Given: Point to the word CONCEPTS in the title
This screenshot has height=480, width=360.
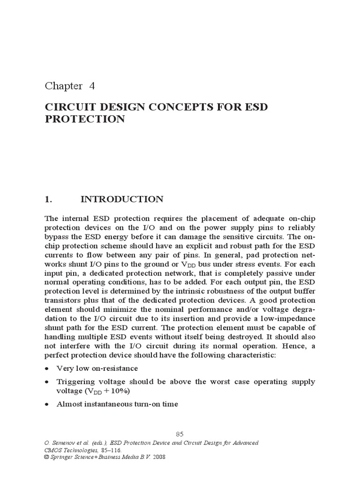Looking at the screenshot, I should point(172,107).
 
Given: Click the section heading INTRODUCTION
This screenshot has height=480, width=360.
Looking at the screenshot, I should point(122,199).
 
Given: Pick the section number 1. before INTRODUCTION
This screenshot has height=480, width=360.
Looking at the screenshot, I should point(48,199).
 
